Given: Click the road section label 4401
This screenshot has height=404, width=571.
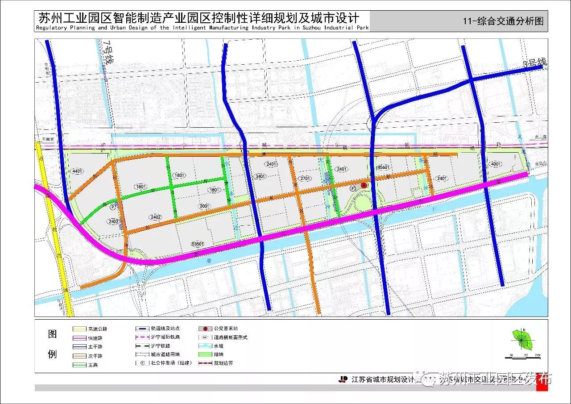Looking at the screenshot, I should (x=77, y=171).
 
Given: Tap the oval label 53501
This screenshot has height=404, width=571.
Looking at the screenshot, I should (x=197, y=244).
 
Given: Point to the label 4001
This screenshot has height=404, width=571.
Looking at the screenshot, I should (x=496, y=164).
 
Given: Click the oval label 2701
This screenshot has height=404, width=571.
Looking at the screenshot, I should (x=306, y=178).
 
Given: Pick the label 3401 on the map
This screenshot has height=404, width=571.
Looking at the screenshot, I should (x=261, y=176).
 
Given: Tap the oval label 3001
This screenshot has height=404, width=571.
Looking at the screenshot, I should (x=204, y=206).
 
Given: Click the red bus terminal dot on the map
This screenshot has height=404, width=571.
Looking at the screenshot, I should (x=364, y=185).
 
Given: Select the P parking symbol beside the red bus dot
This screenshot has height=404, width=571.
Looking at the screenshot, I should (x=353, y=189).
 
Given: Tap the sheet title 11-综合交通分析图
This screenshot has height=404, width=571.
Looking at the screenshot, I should (x=503, y=21).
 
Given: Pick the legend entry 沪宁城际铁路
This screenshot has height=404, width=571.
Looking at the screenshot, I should (x=165, y=337).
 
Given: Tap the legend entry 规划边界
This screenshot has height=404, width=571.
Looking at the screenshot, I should (x=223, y=363).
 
